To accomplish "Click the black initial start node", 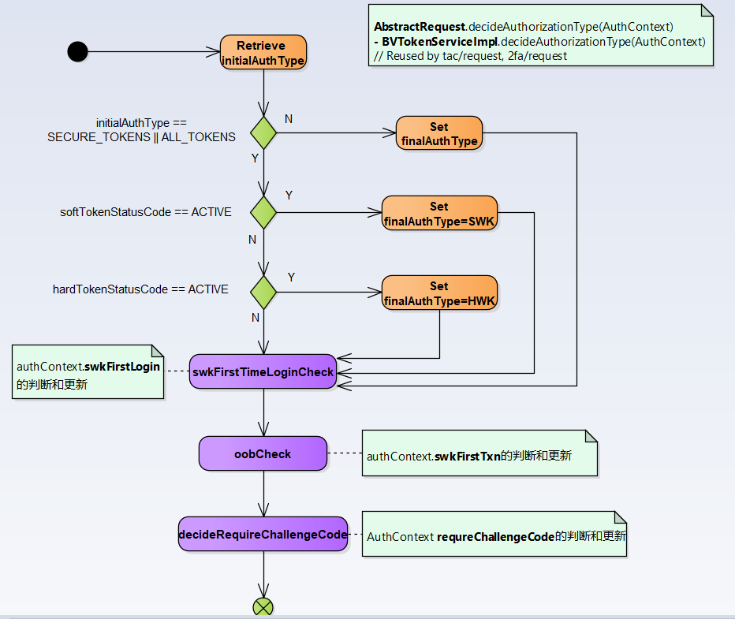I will [77, 52].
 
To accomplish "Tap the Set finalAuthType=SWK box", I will [439, 214].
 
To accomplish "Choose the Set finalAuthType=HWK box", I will [439, 293].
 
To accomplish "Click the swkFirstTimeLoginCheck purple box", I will [263, 371].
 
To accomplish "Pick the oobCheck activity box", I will [263, 454].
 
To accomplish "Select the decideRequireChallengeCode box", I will [263, 534].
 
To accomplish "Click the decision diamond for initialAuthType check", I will [263, 132].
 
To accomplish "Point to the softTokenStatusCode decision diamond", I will [263, 212].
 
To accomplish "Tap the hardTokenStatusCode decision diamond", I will [263, 293].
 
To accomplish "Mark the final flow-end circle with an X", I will [263, 606].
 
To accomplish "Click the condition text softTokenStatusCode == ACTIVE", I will [146, 212].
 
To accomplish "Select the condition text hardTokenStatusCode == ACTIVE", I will [140, 289].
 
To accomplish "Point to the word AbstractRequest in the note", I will [419, 26].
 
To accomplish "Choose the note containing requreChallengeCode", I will [494, 535].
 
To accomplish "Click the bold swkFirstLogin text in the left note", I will [122, 367].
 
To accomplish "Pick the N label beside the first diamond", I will [289, 118].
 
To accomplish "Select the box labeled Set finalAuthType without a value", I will [438, 133].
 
